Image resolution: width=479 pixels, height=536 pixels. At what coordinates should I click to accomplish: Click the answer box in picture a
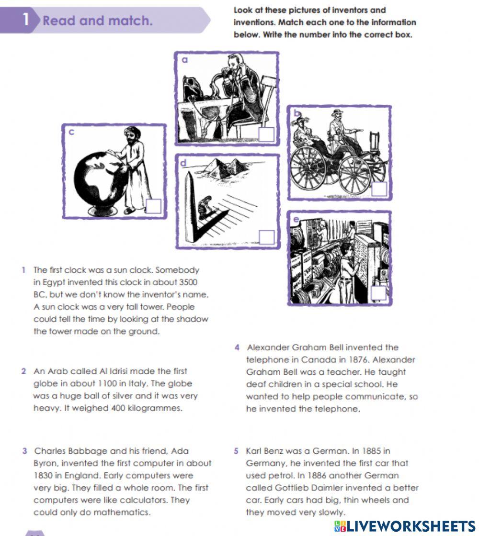pyautogui.click(x=266, y=134)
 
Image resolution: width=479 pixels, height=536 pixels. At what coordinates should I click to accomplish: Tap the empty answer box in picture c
pyautogui.click(x=154, y=206)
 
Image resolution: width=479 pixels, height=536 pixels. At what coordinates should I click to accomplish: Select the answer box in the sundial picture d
pyautogui.click(x=266, y=237)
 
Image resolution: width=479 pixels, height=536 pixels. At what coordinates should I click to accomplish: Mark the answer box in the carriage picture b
pyautogui.click(x=379, y=189)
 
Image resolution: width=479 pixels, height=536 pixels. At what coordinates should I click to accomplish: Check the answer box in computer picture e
pyautogui.click(x=379, y=293)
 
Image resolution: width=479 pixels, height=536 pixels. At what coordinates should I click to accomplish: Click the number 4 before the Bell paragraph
pyautogui.click(x=237, y=347)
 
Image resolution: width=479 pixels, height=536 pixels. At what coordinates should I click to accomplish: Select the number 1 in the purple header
pyautogui.click(x=26, y=20)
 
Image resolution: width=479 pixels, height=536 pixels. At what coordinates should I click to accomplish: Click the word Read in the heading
pyautogui.click(x=59, y=21)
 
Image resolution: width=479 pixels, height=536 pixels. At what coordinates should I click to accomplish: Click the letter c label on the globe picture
pyautogui.click(x=71, y=132)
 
